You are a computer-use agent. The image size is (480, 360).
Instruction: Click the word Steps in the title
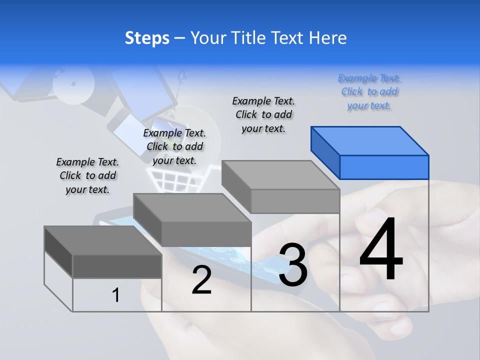(x=147, y=38)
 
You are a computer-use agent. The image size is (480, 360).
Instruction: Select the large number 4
(x=381, y=249)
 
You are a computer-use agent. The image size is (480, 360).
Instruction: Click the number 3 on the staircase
(x=293, y=265)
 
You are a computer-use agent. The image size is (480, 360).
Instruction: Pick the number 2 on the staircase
(x=201, y=280)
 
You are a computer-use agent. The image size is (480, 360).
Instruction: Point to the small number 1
(x=116, y=295)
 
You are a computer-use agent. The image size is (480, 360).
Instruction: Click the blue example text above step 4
(x=369, y=92)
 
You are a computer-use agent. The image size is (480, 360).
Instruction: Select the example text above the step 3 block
(x=263, y=114)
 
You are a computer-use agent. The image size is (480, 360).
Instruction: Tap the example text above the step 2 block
(x=174, y=146)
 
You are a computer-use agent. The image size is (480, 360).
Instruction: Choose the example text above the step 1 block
(x=87, y=175)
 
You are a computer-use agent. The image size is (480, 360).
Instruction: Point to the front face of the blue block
(x=384, y=167)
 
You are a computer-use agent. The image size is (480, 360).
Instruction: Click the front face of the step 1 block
(x=117, y=266)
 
